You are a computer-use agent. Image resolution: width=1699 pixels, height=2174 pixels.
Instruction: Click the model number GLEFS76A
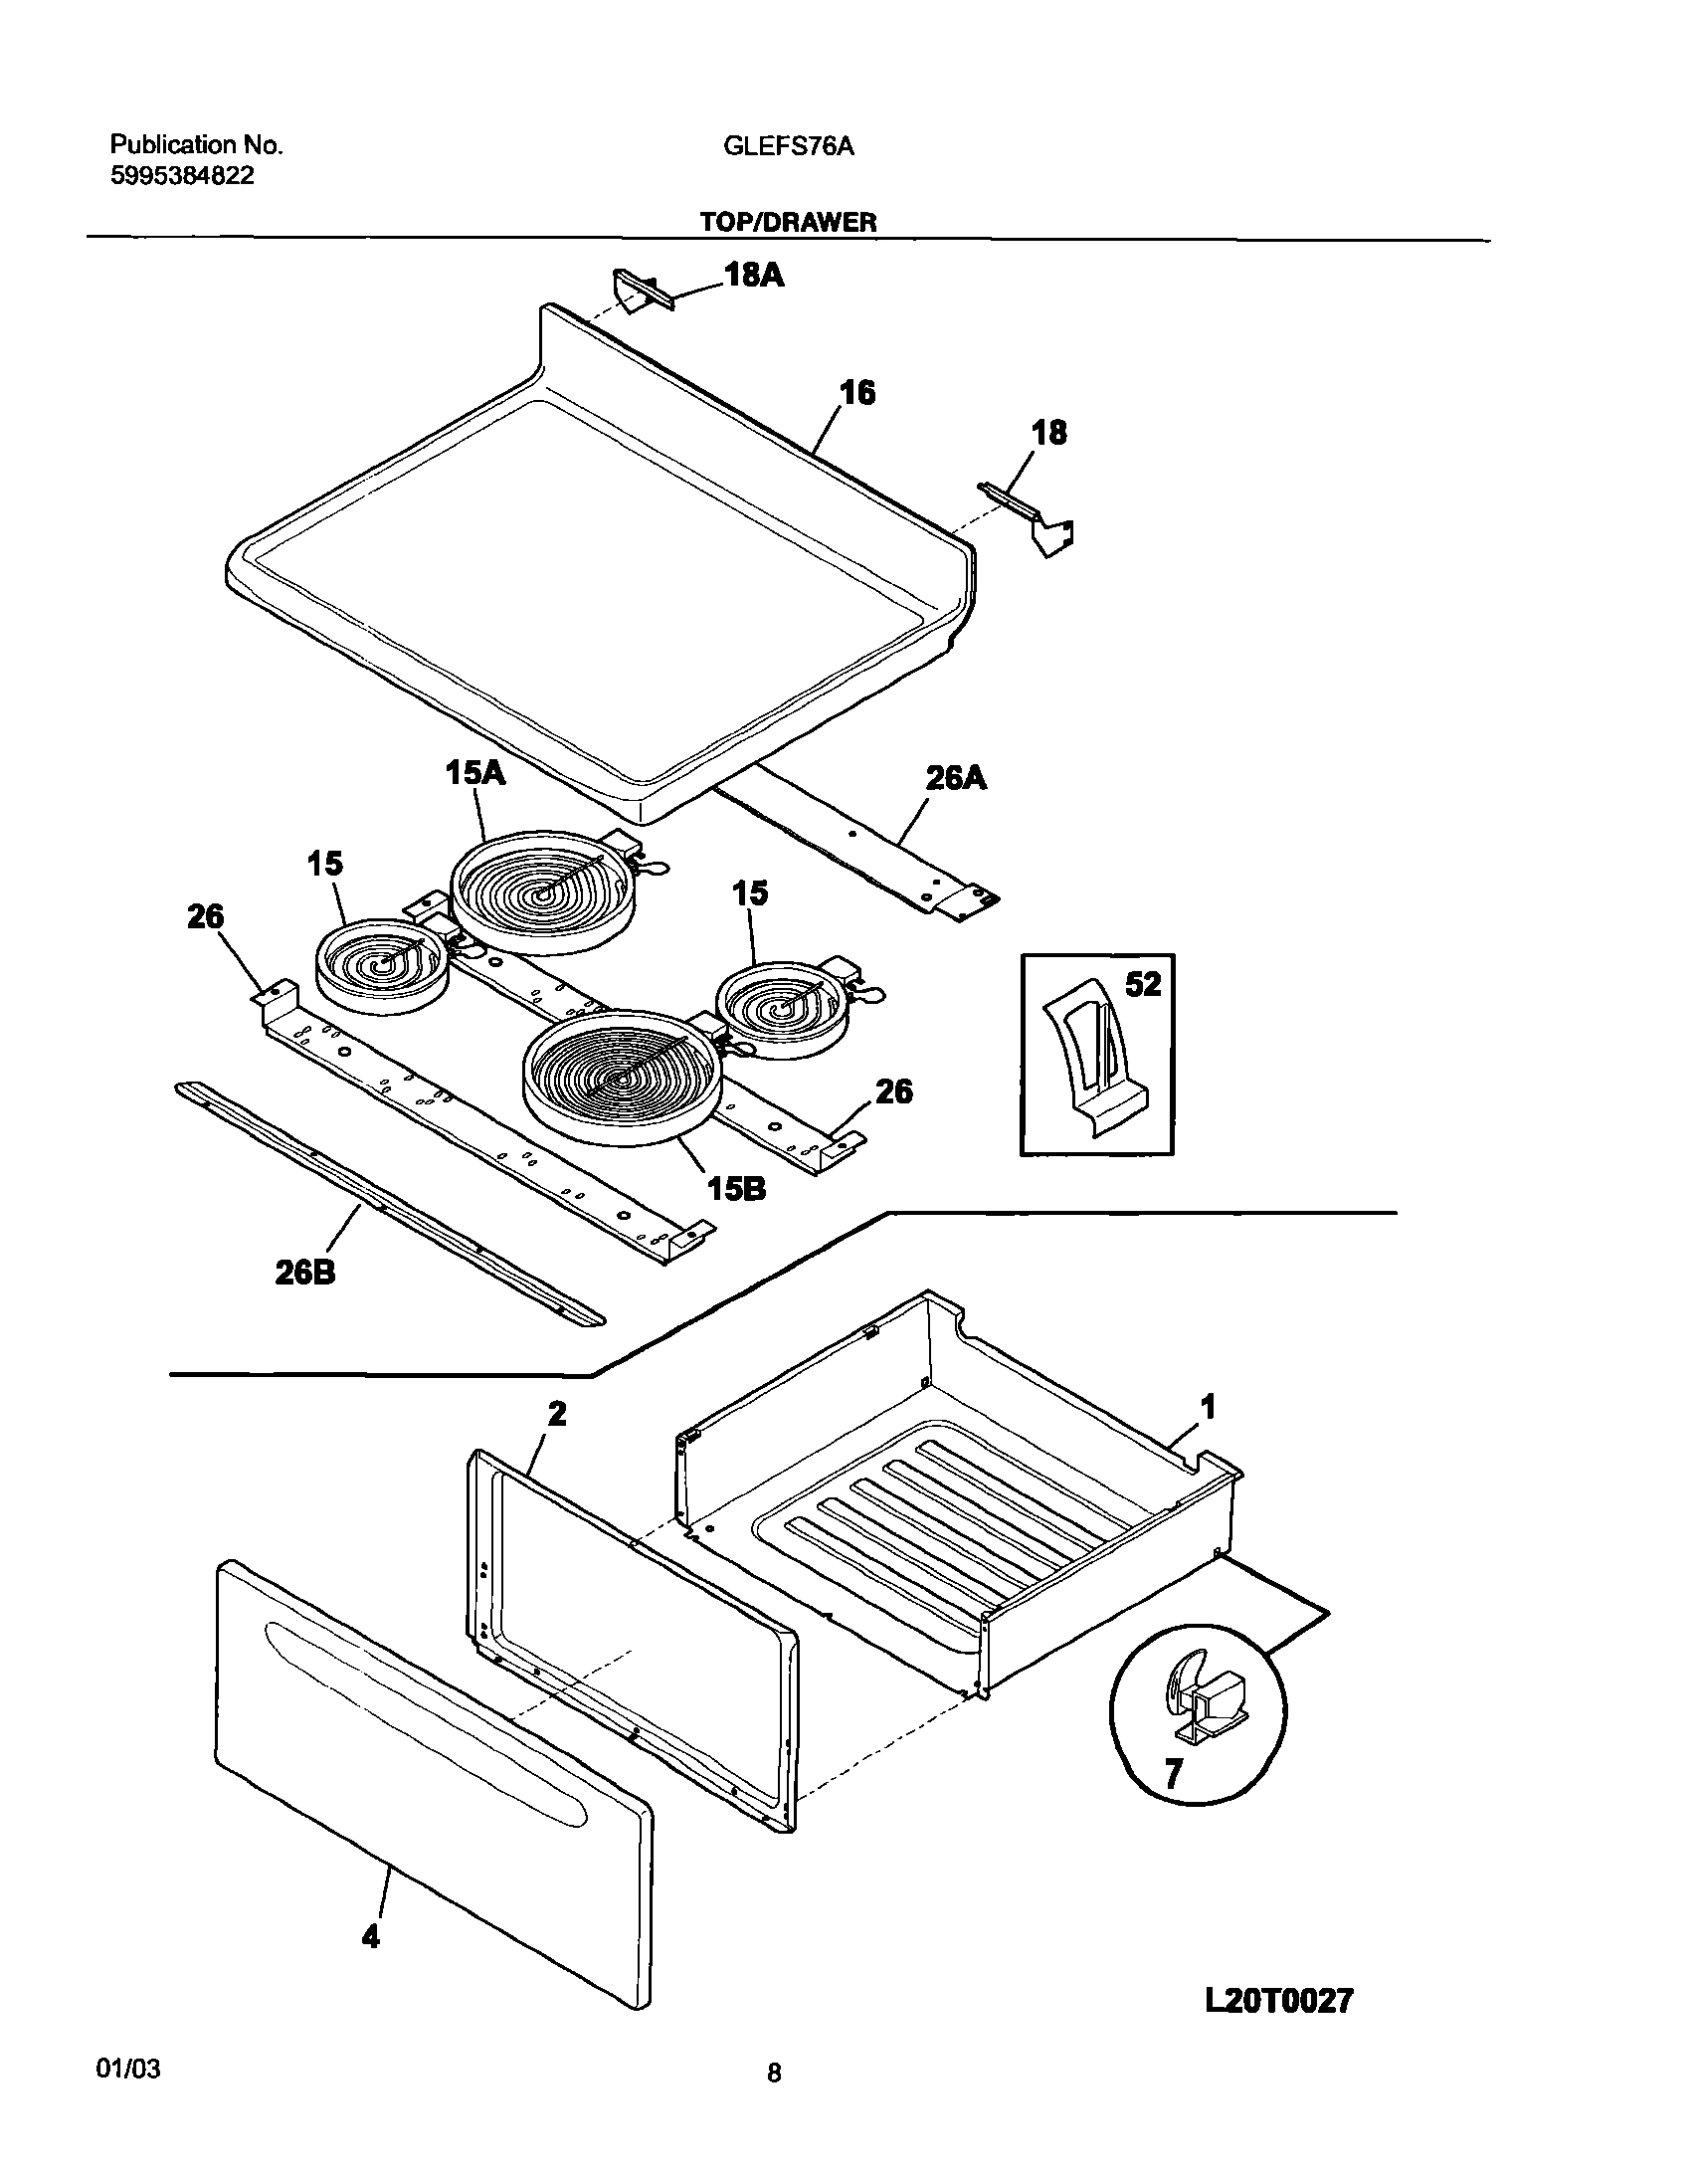point(788,146)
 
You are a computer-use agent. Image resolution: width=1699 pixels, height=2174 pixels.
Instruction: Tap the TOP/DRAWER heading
point(787,222)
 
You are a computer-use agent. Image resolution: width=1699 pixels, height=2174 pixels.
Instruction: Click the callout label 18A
point(753,275)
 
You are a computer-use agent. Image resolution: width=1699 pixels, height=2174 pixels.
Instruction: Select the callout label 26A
point(956,777)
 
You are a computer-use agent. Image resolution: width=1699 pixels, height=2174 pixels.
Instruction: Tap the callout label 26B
point(305,1273)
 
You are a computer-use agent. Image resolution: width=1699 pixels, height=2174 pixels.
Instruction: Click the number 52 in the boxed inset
point(1143,984)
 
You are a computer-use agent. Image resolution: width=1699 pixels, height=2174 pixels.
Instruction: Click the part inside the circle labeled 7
point(1203,1698)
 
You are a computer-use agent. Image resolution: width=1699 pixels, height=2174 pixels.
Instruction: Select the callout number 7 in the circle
point(1174,1773)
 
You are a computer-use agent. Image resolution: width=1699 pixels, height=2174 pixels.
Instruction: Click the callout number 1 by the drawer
point(1208,1407)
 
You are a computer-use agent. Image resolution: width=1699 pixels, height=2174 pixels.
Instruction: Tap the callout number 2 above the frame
point(557,1413)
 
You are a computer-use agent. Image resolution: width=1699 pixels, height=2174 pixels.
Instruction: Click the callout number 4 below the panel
point(370,1936)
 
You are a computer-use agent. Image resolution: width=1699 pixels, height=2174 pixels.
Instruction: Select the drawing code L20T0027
point(1278,2001)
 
